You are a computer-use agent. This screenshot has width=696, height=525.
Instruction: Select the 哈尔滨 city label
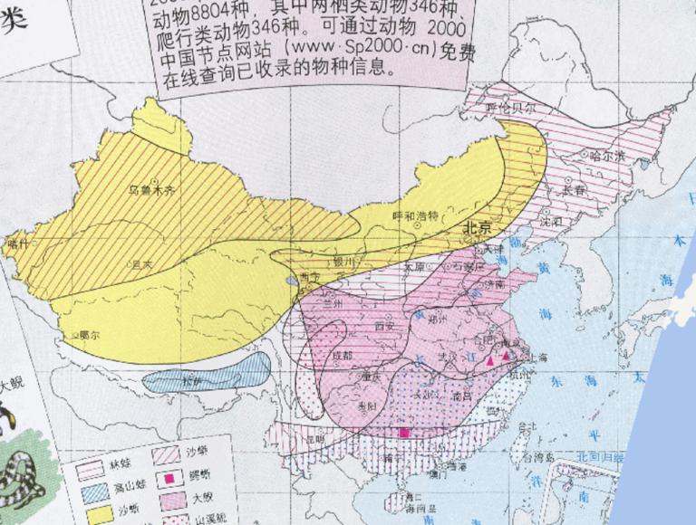607,157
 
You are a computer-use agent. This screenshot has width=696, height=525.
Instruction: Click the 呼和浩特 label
414,215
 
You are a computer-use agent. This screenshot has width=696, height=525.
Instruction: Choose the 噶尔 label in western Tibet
88,335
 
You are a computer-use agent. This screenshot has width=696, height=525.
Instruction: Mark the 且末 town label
141,264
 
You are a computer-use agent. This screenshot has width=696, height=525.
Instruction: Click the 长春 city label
573,190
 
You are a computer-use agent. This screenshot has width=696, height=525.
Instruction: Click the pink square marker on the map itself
403,433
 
